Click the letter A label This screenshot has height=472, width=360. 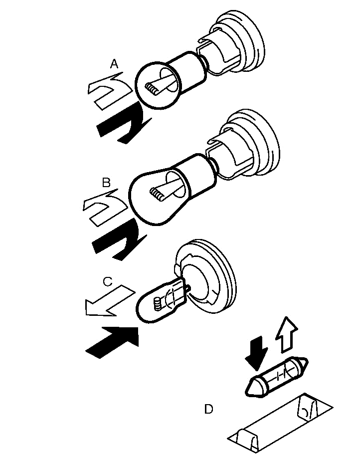[x=115, y=63]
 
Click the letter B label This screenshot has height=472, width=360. [x=106, y=183]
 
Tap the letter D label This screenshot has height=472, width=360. [x=208, y=409]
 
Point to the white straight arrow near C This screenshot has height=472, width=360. [x=107, y=302]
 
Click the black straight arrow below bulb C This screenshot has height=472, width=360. [x=112, y=342]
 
